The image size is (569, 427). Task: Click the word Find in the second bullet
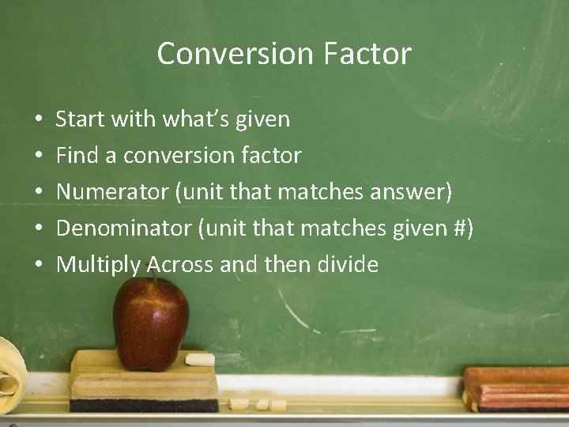pos(77,156)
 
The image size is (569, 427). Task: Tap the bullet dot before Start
pos(40,120)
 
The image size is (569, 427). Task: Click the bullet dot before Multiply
pos(40,266)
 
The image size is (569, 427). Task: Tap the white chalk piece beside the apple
pos(199,361)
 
